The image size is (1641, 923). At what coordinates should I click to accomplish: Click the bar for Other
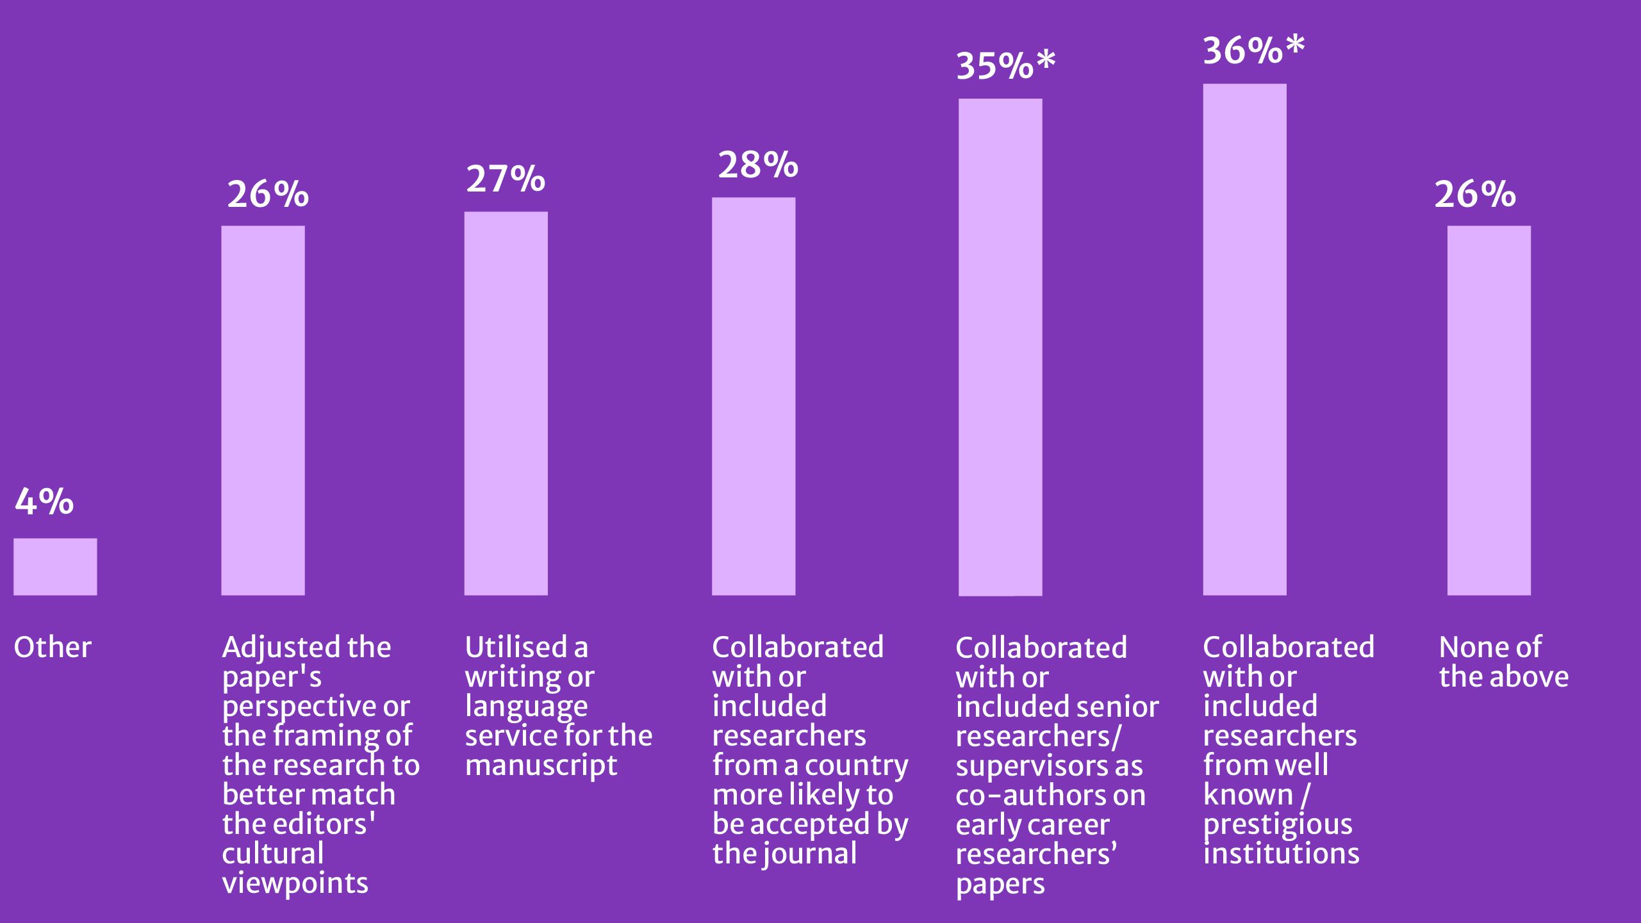coord(55,566)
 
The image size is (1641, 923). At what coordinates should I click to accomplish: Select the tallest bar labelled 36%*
coord(1244,339)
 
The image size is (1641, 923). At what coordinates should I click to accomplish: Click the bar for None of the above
coord(1488,410)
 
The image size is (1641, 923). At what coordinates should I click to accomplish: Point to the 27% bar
coord(506,404)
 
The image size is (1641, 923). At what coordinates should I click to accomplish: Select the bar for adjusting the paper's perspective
coord(263,410)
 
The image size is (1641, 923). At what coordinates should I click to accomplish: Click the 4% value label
coord(44,502)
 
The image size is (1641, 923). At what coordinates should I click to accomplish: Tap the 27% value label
coord(506,179)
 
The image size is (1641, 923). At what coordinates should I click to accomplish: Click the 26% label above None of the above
coord(1474,194)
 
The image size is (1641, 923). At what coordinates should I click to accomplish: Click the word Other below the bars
coord(53,647)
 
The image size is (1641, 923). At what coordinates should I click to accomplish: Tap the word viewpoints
coord(295,883)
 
